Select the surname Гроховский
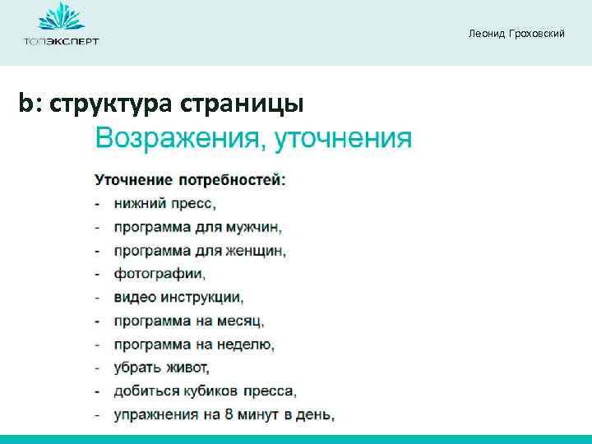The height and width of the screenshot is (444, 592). pos(535,34)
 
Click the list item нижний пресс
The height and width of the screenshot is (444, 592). pos(164,203)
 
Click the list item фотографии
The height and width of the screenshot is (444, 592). pos(160,274)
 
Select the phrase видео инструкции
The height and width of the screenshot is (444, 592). pos(178,297)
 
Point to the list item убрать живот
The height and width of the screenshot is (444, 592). pos(162,368)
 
